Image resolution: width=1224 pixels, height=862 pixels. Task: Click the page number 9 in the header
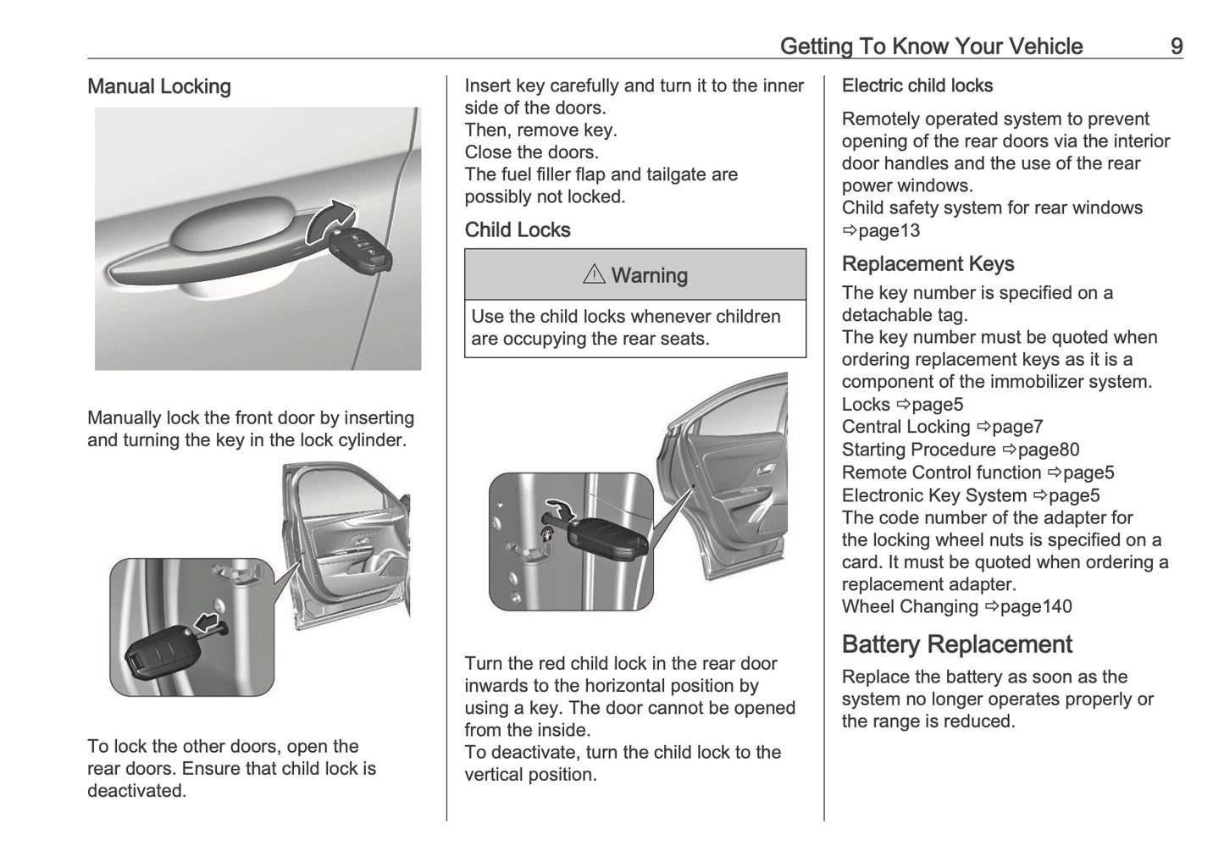click(x=1177, y=46)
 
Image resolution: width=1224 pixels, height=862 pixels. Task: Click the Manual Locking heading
click(x=159, y=86)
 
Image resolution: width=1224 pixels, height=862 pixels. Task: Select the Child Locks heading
click(x=518, y=229)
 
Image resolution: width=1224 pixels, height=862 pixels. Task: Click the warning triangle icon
click(x=594, y=274)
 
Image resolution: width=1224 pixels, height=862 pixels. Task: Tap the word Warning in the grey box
click(x=649, y=275)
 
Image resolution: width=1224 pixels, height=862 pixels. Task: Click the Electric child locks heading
click(x=917, y=86)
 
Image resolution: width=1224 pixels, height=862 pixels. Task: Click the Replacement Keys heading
click(x=928, y=264)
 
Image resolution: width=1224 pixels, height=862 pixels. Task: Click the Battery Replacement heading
click(x=956, y=644)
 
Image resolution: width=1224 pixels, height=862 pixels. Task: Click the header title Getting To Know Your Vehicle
click(x=931, y=46)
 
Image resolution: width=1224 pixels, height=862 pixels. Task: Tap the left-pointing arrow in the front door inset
click(x=207, y=624)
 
